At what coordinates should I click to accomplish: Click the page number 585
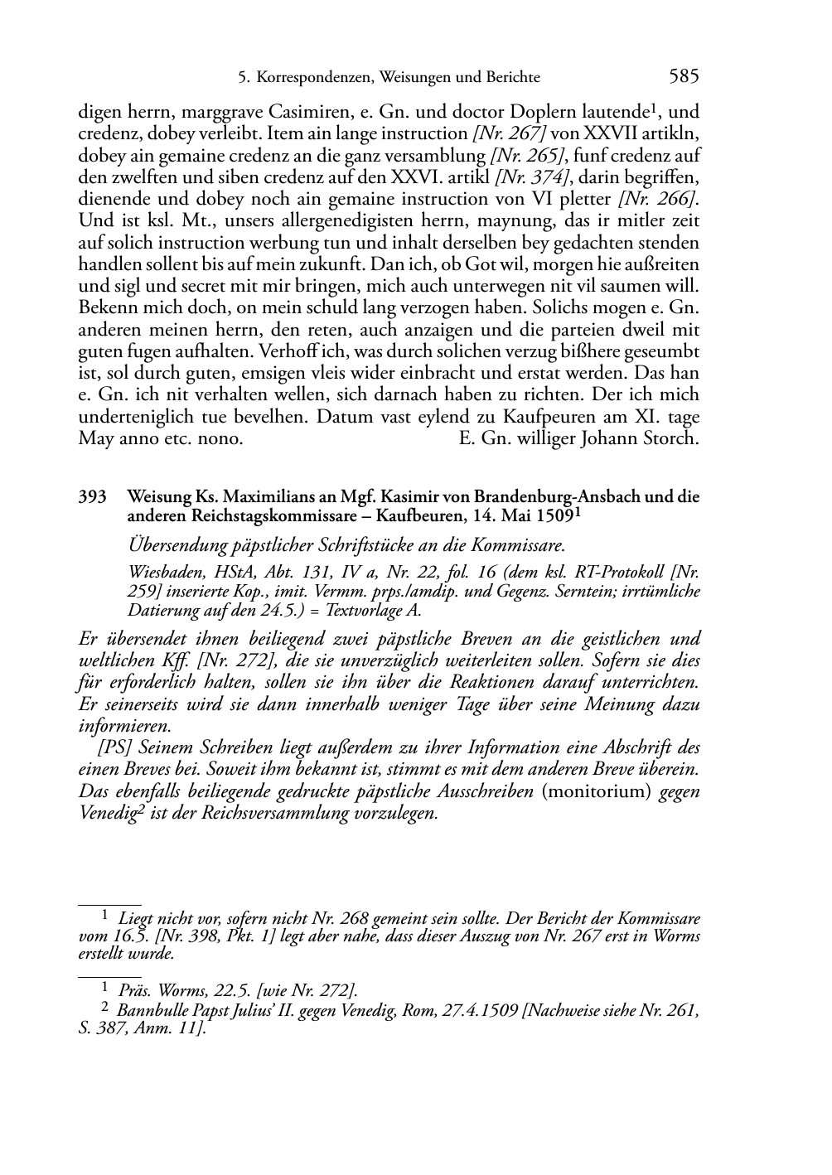point(684,77)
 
